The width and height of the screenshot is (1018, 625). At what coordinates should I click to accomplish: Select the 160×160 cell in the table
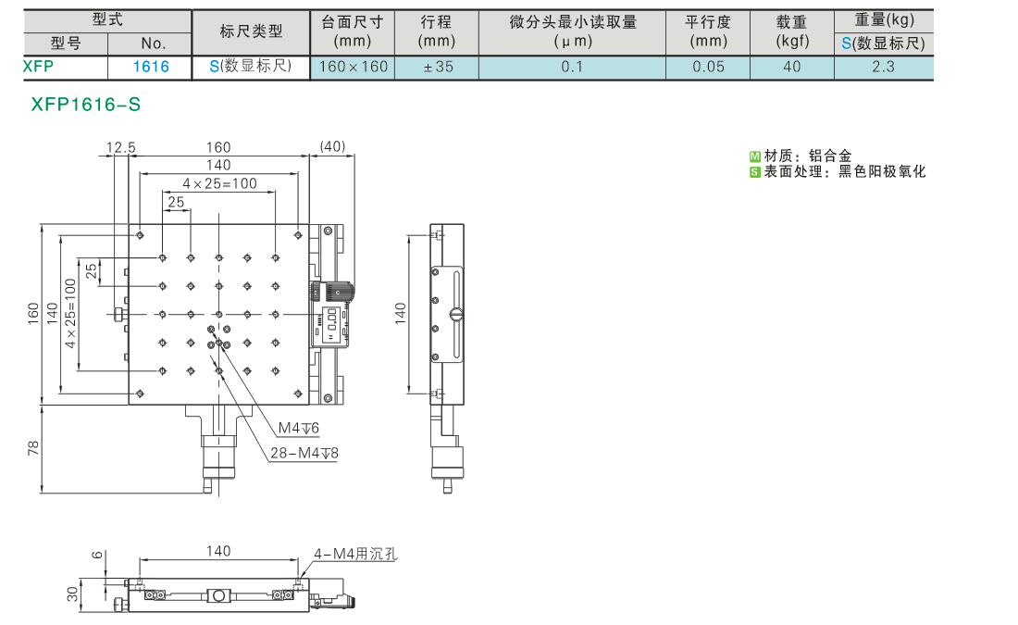pos(354,67)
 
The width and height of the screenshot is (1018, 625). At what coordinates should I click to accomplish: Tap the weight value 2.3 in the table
pos(883,67)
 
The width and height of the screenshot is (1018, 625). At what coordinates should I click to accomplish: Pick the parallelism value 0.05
pos(708,67)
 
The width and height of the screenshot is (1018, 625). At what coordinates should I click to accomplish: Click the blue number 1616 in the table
pos(151,67)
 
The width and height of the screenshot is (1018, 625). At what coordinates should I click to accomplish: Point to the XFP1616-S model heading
pos(86,105)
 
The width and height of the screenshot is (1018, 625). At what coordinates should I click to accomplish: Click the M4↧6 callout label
pos(299,428)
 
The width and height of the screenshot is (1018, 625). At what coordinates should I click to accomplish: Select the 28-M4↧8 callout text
pos(304,453)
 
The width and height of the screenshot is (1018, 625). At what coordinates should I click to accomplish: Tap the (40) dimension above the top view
pos(332,146)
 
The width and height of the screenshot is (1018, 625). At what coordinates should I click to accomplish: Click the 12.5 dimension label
pos(120,147)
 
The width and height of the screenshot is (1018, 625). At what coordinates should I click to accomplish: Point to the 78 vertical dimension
pos(33,447)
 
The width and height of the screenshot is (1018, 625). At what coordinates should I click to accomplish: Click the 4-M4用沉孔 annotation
pos(355,554)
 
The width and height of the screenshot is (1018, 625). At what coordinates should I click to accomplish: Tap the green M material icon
pos(754,156)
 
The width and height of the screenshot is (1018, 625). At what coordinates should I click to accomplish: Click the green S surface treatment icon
pos(754,172)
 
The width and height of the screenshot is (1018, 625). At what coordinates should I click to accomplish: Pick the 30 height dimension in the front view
pos(72,594)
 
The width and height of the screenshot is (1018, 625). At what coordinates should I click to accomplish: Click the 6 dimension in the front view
pos(97,555)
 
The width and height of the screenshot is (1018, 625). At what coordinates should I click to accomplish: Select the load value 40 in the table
pos(791,67)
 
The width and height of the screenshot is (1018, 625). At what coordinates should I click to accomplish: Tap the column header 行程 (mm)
pos(436,31)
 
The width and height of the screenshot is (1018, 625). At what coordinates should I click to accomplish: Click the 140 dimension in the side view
pos(400,313)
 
